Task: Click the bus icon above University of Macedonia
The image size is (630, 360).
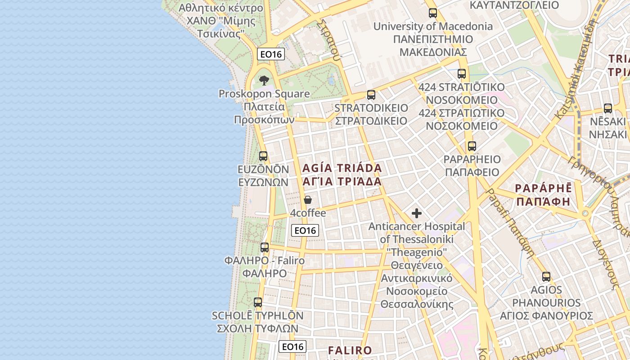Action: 433,13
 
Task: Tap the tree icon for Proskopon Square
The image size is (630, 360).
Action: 264,81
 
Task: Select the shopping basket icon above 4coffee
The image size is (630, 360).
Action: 308,200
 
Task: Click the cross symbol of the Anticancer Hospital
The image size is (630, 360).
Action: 417,213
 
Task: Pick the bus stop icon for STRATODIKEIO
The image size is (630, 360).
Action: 371,95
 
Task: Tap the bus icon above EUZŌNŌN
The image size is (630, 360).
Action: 263,156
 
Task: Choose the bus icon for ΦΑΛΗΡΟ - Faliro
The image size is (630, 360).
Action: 265,247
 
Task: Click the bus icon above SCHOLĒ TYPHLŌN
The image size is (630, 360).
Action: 258,302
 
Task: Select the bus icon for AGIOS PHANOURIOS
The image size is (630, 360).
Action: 546,277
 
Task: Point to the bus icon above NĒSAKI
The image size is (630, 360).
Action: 608,108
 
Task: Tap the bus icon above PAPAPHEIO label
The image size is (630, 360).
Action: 472,146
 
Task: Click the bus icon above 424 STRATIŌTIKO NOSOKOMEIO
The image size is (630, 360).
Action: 462,74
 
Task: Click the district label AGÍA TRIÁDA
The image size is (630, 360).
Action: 342,168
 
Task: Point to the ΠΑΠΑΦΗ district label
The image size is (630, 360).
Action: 544,202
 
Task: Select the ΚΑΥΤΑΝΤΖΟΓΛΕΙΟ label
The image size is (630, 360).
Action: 514,5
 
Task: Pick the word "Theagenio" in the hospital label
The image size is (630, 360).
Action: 417,252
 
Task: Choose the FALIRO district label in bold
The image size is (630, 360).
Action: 350,350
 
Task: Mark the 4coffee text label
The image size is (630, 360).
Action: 308,213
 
